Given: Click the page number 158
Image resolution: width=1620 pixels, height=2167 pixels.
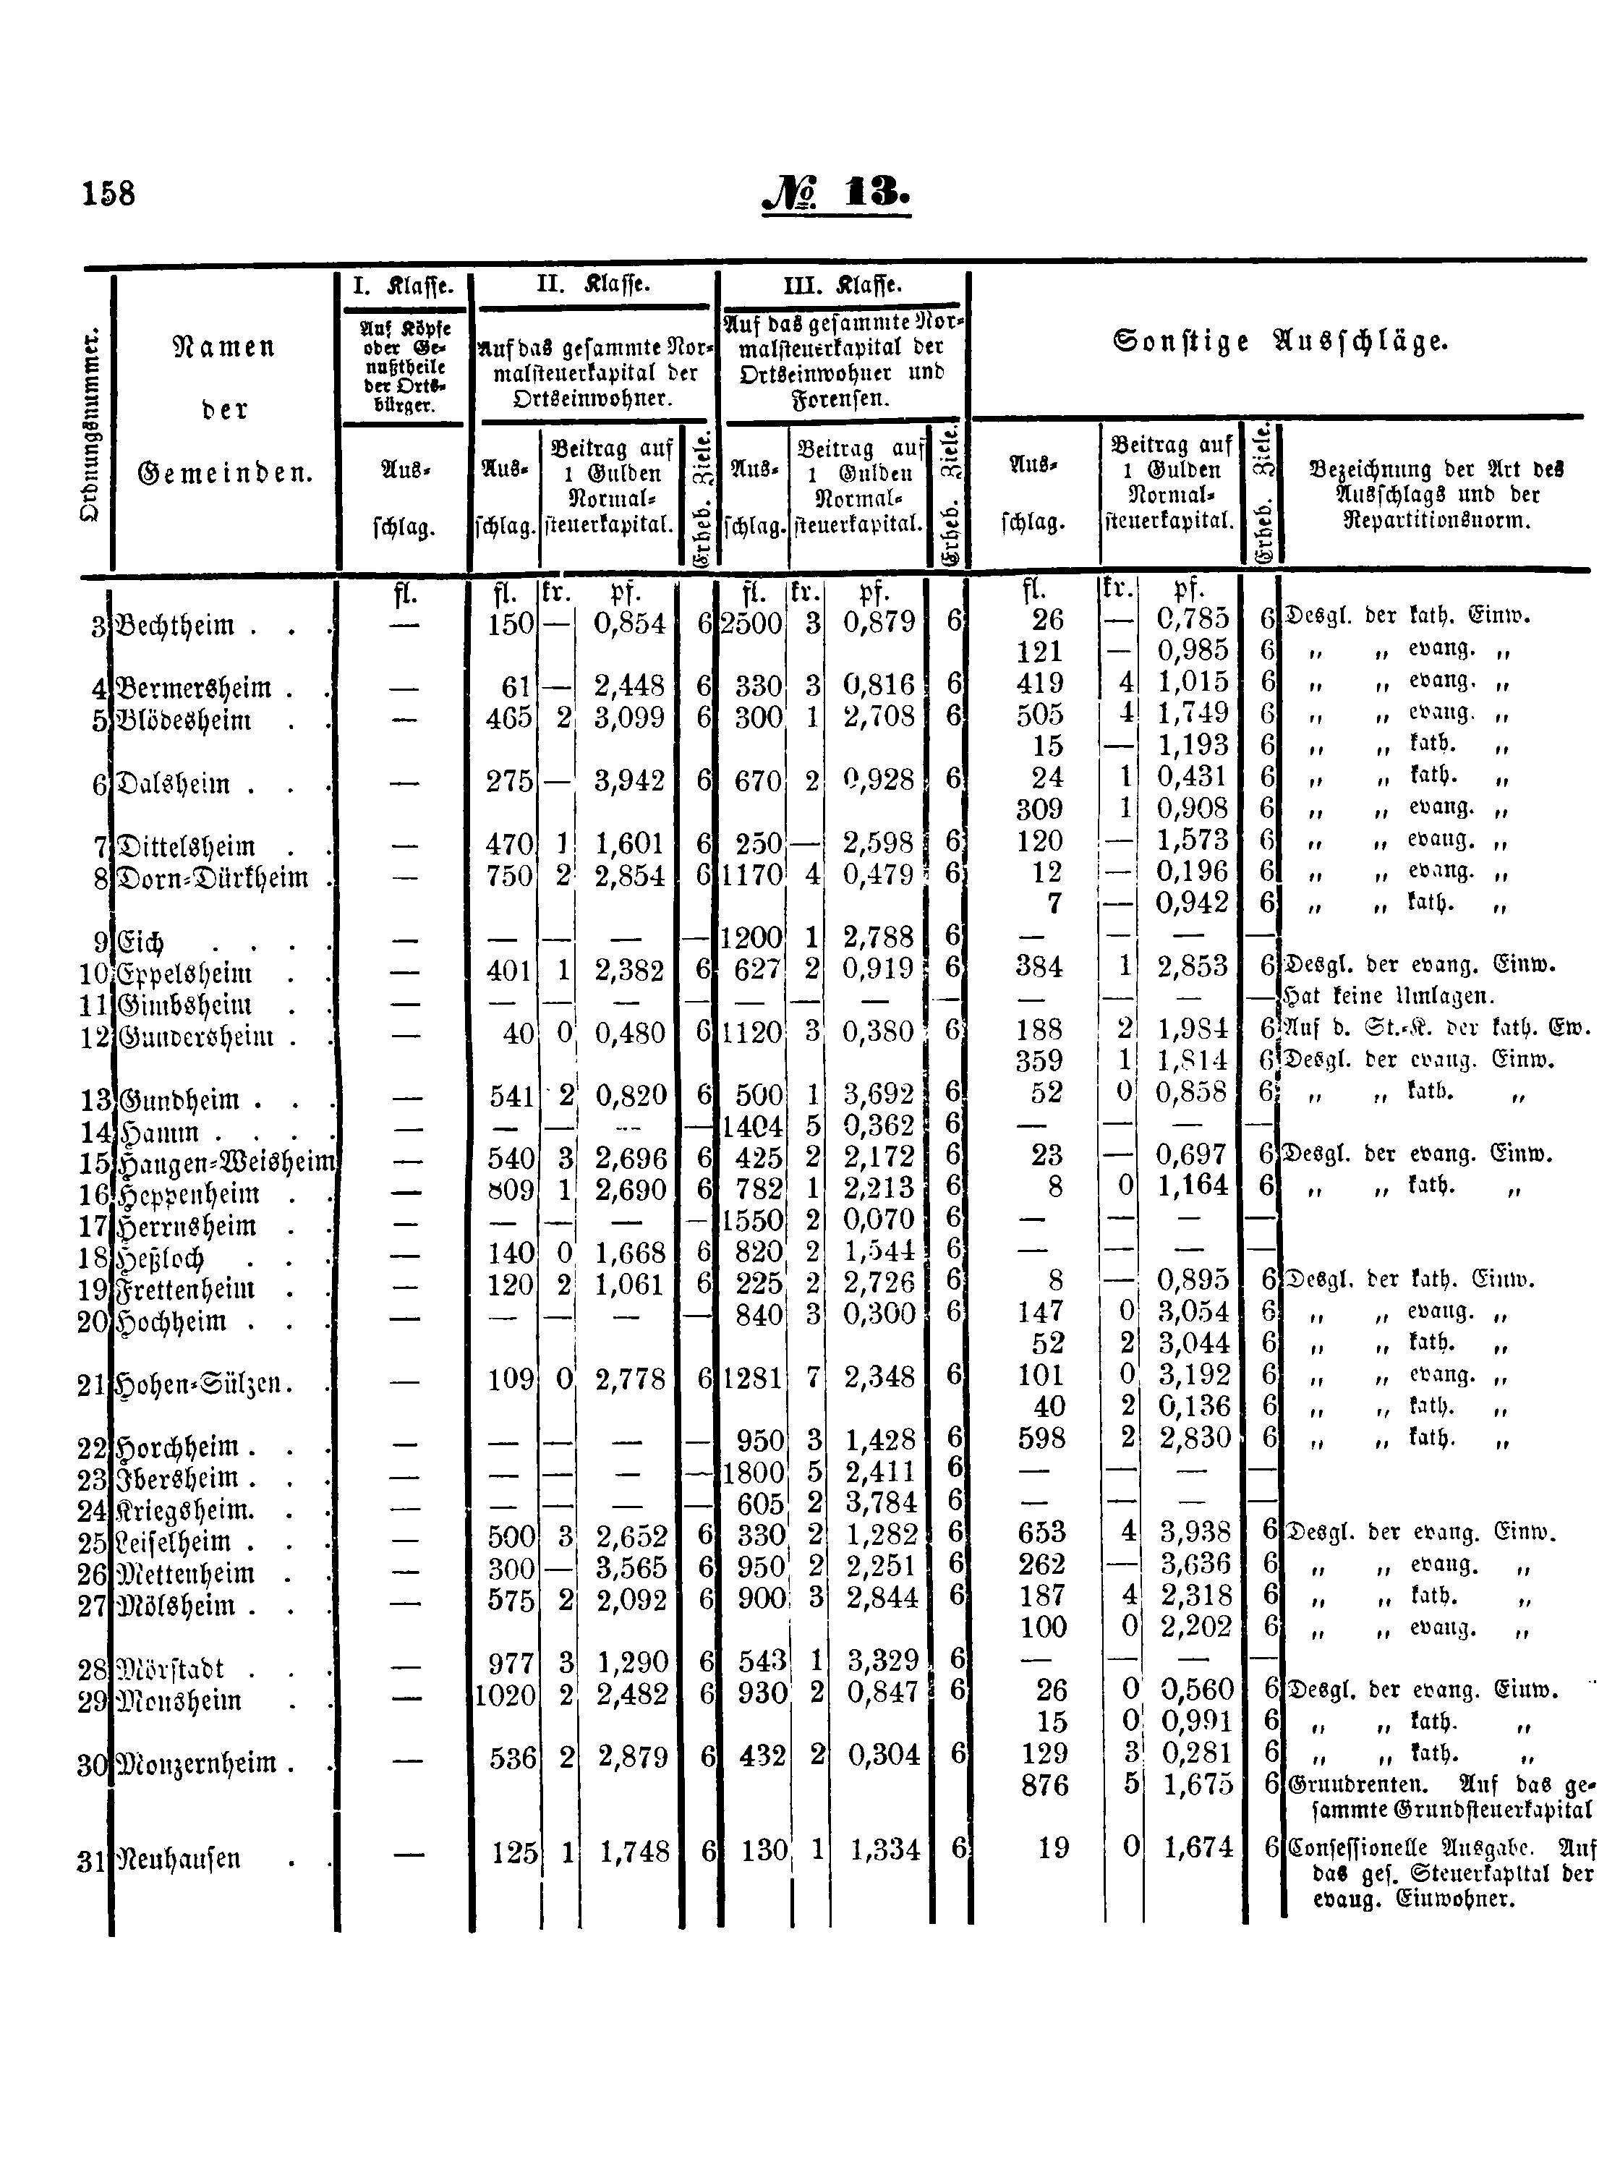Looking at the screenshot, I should pos(108,193).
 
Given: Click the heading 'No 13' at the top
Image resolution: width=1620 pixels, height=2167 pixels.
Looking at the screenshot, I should pos(835,191).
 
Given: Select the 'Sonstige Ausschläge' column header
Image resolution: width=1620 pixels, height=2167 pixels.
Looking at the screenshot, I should pos(1280,342).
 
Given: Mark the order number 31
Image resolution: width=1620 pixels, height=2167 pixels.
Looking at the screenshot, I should pos(91,1860).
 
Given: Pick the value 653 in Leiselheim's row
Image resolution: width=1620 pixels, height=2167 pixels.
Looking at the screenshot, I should pos(1040,1532).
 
